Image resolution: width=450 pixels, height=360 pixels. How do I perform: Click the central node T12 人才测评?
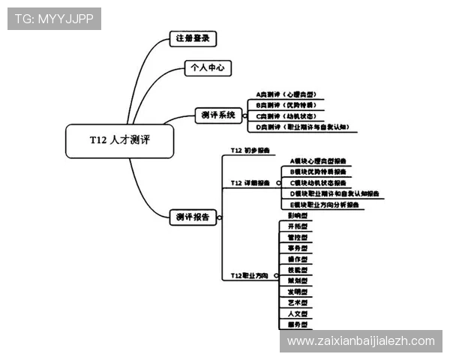pos(120,140)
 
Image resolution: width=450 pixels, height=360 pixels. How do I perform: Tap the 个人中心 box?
pos(208,67)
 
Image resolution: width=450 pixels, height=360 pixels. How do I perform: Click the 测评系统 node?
pos(218,115)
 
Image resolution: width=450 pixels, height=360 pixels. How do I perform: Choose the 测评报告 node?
pos(193,217)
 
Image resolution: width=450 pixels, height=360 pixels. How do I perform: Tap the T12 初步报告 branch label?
pos(250,151)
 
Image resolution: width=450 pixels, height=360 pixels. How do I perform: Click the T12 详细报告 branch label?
pos(250,182)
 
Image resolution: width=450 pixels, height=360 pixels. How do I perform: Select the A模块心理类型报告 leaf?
pos(318,160)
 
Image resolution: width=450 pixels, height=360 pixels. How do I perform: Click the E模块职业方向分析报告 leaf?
pos(324,204)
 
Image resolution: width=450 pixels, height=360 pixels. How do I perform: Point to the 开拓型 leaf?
pos(297,226)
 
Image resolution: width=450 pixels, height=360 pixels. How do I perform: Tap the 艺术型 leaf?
pos(297,302)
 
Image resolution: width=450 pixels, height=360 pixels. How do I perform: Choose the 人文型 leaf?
pos(297,313)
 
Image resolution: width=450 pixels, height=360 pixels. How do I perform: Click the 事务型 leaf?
pos(297,247)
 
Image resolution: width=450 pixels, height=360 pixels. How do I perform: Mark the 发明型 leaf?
pos(297,292)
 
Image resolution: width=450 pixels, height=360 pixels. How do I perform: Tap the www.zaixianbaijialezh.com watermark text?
pos(361,341)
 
